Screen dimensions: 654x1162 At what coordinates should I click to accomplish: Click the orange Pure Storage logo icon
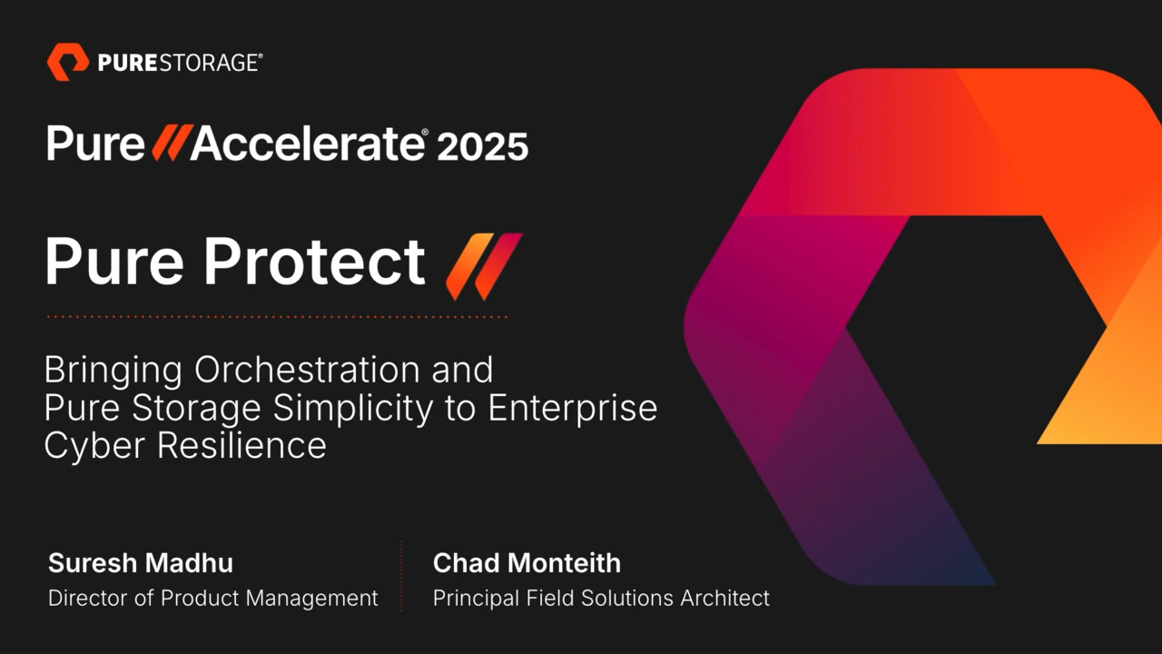click(x=67, y=62)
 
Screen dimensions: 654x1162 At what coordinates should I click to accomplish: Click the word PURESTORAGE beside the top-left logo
click(x=179, y=63)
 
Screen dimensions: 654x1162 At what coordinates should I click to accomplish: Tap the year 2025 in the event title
click(x=482, y=145)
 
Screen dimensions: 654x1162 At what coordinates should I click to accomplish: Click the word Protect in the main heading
click(x=313, y=262)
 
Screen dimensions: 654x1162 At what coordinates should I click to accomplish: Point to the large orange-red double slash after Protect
click(x=484, y=265)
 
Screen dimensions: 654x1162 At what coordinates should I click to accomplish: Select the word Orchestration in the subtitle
click(x=308, y=371)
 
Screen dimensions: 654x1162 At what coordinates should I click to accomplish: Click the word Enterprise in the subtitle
click(x=572, y=408)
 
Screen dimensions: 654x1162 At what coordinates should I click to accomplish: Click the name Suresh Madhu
click(x=140, y=563)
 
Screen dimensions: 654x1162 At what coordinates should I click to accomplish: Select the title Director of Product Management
click(x=212, y=599)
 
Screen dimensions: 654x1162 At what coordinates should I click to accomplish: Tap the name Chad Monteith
click(x=527, y=563)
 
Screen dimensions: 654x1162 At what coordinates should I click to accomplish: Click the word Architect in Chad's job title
click(x=725, y=599)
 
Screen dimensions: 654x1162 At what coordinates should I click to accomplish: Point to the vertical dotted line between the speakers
click(x=401, y=577)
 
